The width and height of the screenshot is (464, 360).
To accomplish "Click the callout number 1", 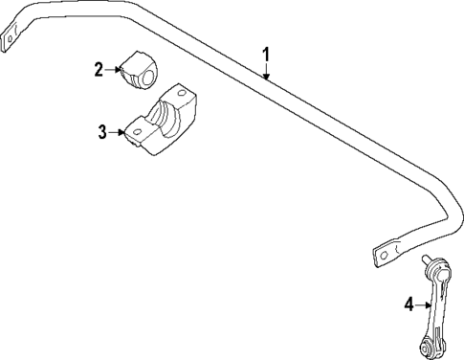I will point(267,55).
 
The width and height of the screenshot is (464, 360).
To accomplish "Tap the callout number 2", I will point(98,68).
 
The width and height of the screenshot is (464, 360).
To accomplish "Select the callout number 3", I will point(103,131).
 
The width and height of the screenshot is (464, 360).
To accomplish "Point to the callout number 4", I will point(409,304).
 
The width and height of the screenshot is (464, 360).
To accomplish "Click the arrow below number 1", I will point(268,71).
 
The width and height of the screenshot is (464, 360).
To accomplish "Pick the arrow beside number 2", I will point(114,68).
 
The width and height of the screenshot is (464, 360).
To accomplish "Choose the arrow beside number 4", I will point(423,304).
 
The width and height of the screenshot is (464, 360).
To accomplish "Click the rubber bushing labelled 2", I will point(140,71).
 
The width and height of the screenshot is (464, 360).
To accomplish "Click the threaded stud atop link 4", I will point(426,259).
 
